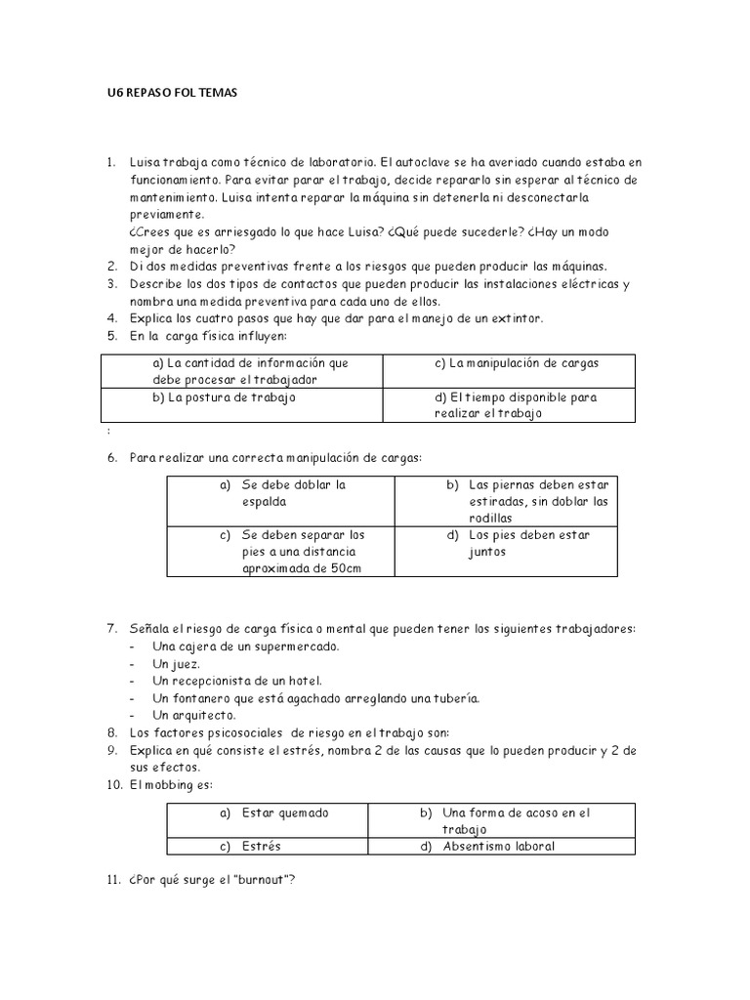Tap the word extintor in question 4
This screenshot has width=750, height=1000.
coord(511,318)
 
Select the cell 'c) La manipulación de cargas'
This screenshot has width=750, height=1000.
coord(517,363)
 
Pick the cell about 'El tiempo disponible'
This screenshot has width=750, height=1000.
coord(516,405)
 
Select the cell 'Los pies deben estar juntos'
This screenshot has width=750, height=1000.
coord(528,543)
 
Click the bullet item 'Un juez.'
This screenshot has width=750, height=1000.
coord(177,663)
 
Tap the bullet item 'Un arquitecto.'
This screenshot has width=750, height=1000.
coord(194,716)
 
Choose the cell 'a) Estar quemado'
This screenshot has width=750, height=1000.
coord(272,812)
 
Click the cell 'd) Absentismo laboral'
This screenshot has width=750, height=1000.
coord(498,846)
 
